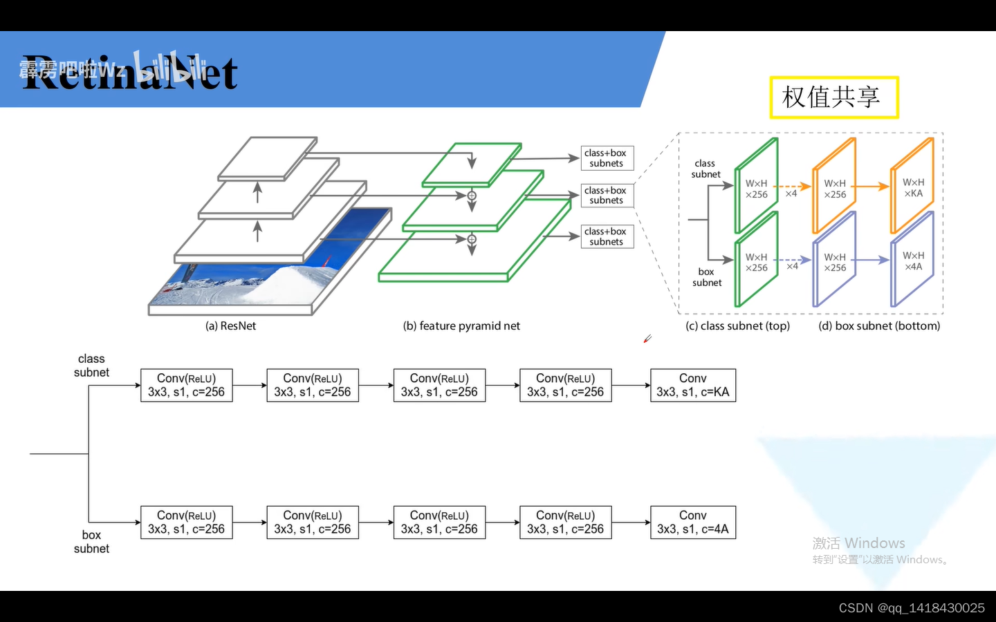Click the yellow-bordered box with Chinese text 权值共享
click(x=833, y=97)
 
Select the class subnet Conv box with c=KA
click(x=692, y=386)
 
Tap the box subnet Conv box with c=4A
click(x=692, y=522)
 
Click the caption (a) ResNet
click(x=230, y=326)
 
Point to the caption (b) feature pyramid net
click(x=461, y=326)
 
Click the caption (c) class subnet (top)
click(x=737, y=326)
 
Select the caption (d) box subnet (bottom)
click(x=879, y=326)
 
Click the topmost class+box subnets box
click(x=607, y=158)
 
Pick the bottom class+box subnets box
click(x=607, y=236)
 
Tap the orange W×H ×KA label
click(x=913, y=188)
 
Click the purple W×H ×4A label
click(x=913, y=261)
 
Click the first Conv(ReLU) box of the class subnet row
click(x=186, y=386)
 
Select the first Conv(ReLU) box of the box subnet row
click(x=186, y=522)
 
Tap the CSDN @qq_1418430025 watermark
click(x=911, y=608)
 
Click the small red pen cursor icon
click(x=647, y=339)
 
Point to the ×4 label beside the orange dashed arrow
click(x=791, y=194)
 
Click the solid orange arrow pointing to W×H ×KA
click(x=874, y=187)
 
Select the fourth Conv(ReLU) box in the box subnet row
click(x=565, y=522)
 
